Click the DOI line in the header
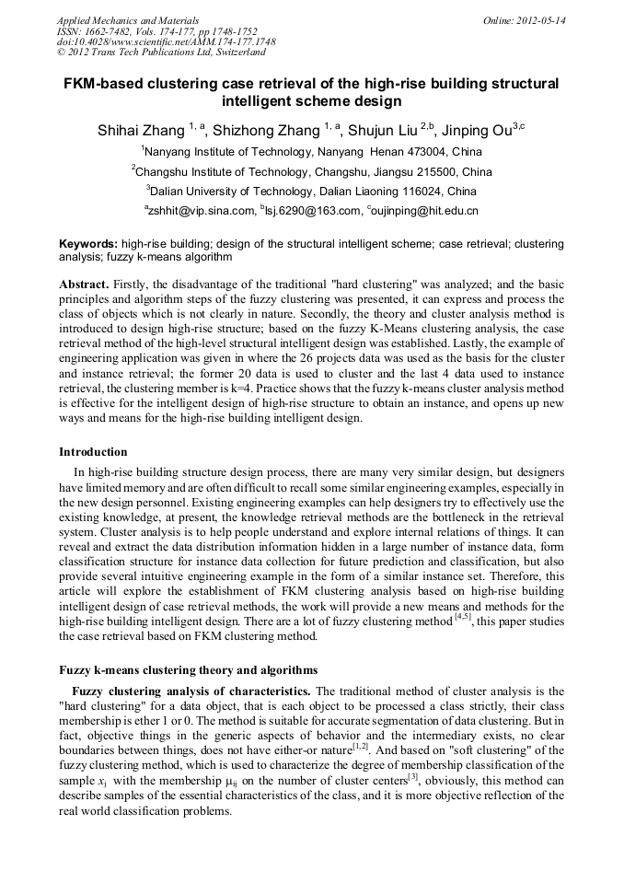(166, 41)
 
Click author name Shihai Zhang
(141, 130)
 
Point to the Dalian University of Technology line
(311, 192)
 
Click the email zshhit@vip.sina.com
(200, 211)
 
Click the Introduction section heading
(93, 452)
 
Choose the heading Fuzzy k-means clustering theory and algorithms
(188, 669)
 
